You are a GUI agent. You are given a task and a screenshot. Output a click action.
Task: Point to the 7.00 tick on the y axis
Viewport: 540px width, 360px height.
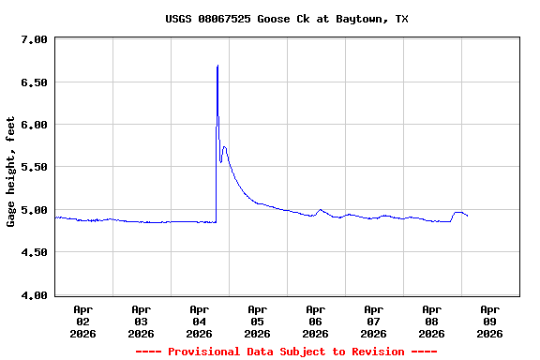coord(34,39)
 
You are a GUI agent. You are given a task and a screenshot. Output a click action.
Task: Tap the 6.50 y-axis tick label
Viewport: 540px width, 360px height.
coord(34,82)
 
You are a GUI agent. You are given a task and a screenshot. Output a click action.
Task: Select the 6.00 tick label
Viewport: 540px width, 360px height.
coord(34,125)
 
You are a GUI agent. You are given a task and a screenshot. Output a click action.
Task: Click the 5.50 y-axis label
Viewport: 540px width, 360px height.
coord(34,167)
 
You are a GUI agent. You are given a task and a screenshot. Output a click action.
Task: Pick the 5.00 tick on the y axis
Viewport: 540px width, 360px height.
coord(34,210)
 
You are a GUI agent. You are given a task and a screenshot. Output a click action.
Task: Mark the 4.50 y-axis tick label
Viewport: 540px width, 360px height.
coord(34,252)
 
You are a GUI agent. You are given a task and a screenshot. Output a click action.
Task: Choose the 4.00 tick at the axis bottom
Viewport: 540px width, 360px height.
coord(34,295)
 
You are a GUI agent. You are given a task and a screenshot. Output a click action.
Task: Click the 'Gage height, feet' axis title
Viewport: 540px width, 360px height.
coord(11,172)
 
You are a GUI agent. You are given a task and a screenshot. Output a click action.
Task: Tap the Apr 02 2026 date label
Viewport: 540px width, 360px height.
coord(83,321)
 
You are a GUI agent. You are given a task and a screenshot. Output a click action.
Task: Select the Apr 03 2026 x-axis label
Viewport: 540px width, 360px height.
coord(142,321)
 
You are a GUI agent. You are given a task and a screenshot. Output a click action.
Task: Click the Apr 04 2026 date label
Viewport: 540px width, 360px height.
coord(200,321)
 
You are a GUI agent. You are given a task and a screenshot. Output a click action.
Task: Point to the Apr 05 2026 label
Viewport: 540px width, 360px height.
coord(258,321)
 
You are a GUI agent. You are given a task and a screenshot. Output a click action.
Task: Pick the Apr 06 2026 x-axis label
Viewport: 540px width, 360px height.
coord(316,321)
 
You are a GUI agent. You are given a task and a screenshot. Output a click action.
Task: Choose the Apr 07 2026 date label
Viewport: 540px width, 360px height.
coord(374,321)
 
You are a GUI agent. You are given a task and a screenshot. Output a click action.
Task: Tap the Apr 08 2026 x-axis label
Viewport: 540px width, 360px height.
coord(432,321)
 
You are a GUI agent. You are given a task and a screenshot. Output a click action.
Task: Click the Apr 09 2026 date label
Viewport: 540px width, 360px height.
coord(490,321)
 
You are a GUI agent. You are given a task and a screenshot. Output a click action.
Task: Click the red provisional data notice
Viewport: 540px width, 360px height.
coord(286,352)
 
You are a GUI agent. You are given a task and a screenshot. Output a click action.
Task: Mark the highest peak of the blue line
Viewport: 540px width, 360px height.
coord(217,66)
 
